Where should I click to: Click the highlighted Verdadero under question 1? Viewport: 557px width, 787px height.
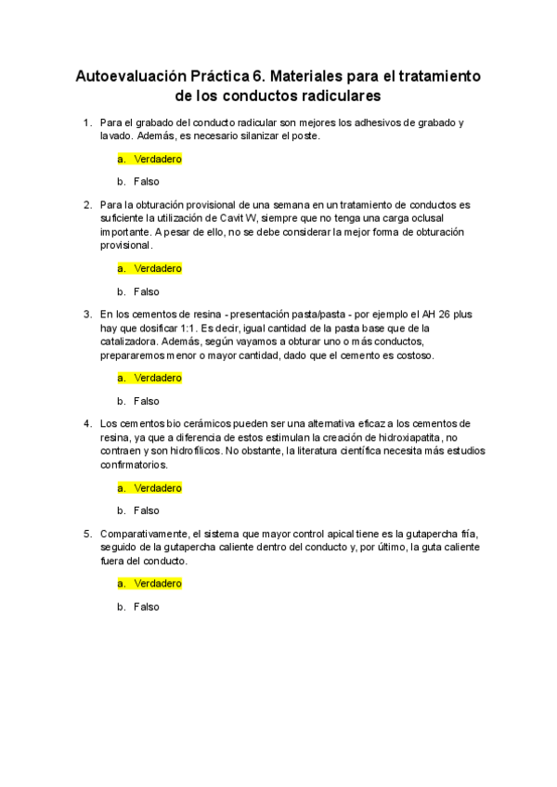[x=157, y=159]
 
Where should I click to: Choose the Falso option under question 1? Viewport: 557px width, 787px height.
[x=146, y=182]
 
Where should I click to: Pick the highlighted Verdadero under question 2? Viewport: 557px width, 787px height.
[x=157, y=268]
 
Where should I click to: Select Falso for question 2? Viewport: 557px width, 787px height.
[x=146, y=291]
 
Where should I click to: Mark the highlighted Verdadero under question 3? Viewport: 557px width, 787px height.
[x=157, y=378]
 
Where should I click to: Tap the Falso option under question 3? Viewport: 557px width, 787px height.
[x=146, y=401]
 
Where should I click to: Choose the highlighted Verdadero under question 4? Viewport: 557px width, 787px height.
[x=157, y=487]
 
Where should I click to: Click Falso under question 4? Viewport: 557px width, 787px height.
[x=146, y=510]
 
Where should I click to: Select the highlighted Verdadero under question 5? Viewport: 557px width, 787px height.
[x=157, y=584]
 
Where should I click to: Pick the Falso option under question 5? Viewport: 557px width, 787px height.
[x=146, y=607]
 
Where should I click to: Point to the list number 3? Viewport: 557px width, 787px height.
[x=87, y=314]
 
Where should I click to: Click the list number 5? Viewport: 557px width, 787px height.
[x=87, y=534]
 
